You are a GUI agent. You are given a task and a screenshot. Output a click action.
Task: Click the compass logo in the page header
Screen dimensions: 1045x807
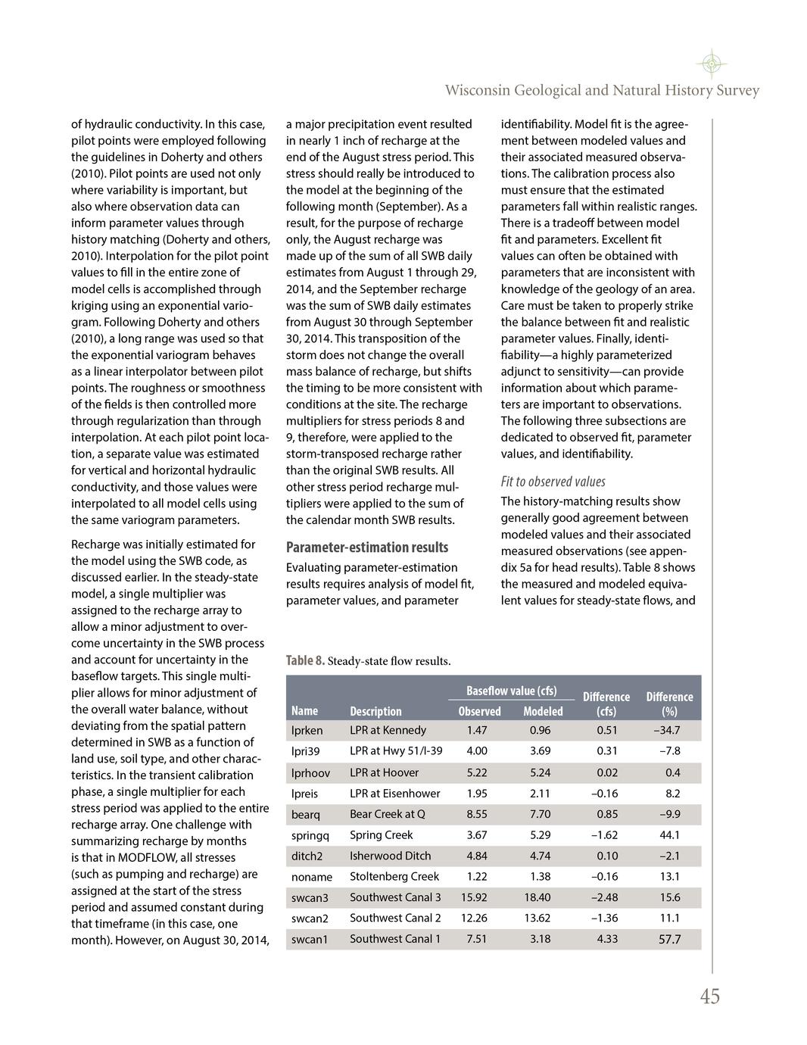711,64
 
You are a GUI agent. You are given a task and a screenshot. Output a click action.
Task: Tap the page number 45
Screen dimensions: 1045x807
709,997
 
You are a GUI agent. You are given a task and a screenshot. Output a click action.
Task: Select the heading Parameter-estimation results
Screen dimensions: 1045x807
367,547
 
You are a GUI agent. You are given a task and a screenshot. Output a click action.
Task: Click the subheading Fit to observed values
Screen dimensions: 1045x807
553,482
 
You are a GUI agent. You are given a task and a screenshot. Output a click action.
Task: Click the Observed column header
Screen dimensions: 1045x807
479,711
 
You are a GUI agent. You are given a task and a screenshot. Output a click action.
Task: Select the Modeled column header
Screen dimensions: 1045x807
543,711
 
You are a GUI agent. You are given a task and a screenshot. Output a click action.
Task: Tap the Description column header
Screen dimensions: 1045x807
375,711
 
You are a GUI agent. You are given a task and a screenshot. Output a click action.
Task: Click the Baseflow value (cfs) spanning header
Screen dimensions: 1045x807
511,691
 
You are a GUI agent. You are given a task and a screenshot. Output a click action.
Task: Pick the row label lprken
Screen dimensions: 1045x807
307,731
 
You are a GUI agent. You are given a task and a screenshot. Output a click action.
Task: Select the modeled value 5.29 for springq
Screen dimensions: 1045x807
540,835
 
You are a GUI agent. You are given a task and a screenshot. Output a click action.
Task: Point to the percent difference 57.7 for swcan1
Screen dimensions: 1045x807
669,939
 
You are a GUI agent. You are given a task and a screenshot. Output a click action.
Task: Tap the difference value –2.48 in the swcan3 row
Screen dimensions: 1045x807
604,897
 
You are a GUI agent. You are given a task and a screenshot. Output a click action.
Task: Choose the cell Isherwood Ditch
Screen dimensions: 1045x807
391,856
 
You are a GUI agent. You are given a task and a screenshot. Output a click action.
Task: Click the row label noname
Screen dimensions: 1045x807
312,877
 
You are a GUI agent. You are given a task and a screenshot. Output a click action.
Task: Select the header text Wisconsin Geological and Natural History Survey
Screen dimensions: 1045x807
602,91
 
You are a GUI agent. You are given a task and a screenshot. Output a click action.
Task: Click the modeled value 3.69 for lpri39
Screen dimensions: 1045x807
540,751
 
